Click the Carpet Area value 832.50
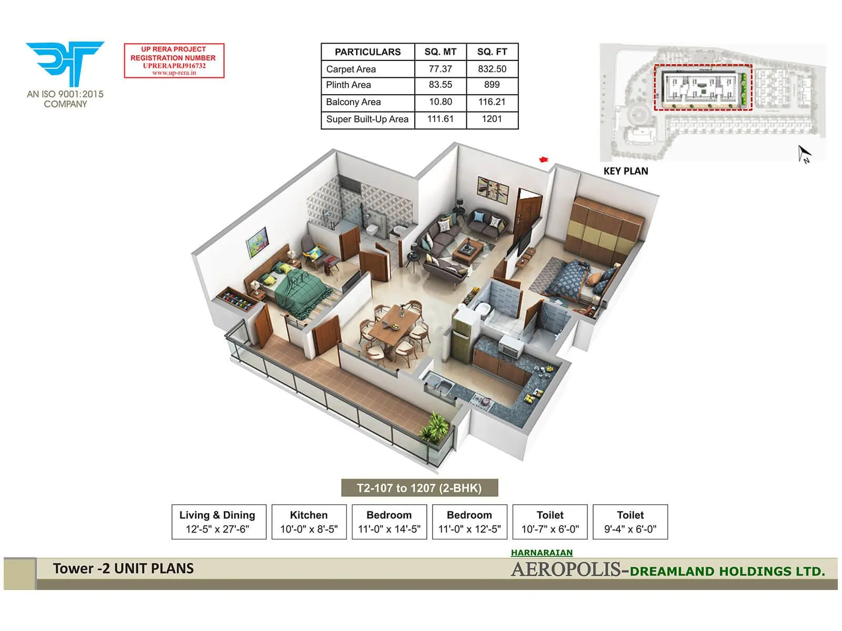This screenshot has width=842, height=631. (x=492, y=69)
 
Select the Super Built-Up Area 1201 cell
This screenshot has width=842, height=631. (x=492, y=119)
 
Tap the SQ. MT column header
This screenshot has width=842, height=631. (x=440, y=52)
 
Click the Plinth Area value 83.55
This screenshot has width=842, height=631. (x=440, y=85)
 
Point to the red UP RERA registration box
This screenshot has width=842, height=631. (x=174, y=61)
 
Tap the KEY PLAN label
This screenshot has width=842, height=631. (x=626, y=171)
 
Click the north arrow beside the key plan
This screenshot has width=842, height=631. (x=804, y=154)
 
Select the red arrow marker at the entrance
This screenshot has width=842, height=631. (x=544, y=159)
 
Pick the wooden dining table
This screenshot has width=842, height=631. (x=393, y=326)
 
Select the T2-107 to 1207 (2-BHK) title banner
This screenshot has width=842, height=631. (x=419, y=488)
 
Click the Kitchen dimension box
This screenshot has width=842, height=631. (x=309, y=522)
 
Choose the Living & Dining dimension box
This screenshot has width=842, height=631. (x=217, y=522)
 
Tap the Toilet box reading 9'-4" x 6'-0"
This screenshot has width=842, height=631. (x=630, y=522)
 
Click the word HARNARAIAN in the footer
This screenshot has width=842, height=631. (x=542, y=553)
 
